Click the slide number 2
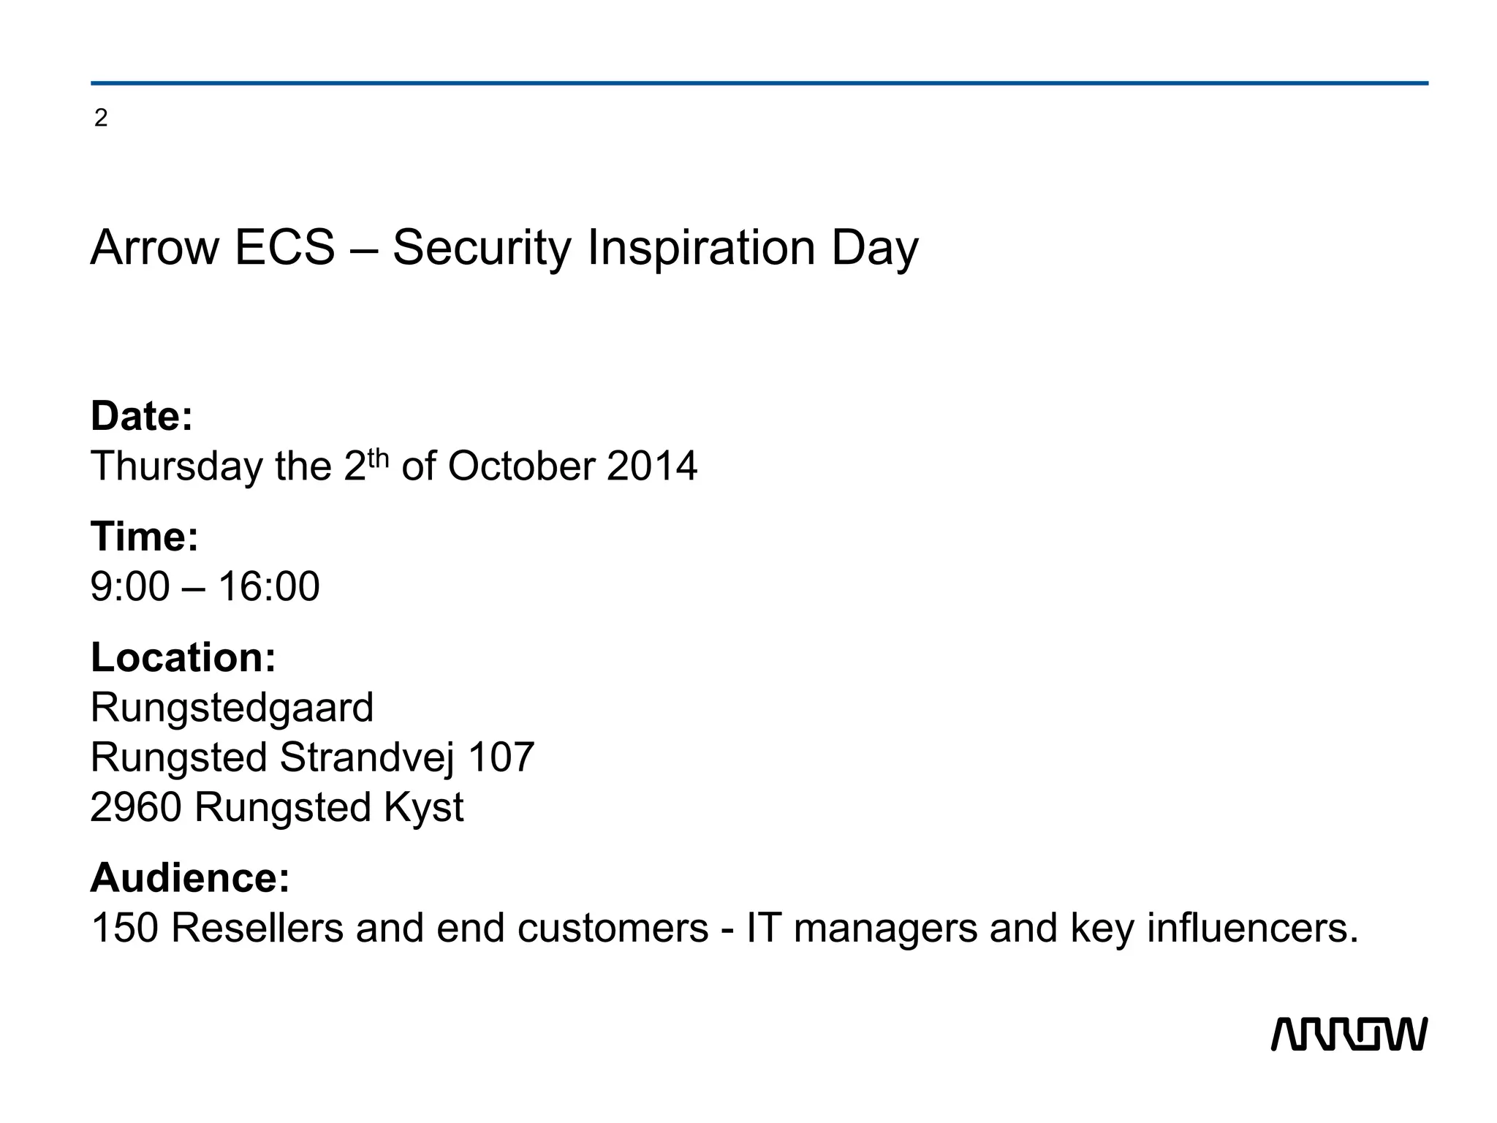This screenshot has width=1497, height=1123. pos(101,118)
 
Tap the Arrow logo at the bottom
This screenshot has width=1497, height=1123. pos(1349,1034)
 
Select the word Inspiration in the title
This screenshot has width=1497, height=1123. pos(701,249)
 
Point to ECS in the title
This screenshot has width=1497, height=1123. pos(284,247)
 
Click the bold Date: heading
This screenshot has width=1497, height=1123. pos(142,416)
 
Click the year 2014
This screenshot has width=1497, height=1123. pos(651,466)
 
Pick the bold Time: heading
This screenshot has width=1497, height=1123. pos(145,537)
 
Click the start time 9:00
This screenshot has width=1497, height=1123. pos(129,586)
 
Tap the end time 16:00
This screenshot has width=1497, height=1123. pos(269,586)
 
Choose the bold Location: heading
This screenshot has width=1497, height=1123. pos(183,657)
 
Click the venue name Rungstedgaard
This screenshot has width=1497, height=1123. pos(232,708)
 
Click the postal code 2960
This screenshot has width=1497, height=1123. pos(135,808)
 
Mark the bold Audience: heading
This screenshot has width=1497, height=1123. pos(190,877)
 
